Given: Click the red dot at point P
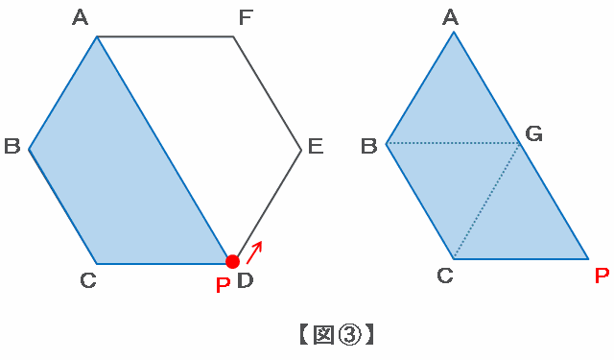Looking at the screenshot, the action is [x=232, y=262].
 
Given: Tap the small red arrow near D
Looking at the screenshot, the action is [x=254, y=252].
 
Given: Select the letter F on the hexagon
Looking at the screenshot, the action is [x=246, y=17].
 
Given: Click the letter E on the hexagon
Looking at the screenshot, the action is [x=316, y=146].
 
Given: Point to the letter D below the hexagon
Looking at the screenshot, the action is [x=246, y=280].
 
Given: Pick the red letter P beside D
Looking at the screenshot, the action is [x=223, y=285].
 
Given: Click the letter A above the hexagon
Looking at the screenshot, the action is [x=81, y=17].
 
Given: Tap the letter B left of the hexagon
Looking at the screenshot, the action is [x=12, y=146].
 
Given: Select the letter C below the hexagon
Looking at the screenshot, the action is [x=88, y=280].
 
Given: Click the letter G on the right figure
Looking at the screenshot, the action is [x=533, y=134].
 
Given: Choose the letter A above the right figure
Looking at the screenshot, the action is [x=450, y=17].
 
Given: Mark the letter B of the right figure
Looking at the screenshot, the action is [x=368, y=146].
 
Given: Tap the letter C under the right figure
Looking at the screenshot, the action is [x=445, y=276].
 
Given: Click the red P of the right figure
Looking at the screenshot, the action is [x=602, y=276].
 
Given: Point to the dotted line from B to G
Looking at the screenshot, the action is [x=454, y=144].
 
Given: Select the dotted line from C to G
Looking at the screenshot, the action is [x=487, y=202].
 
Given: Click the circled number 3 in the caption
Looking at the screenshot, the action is [x=349, y=335].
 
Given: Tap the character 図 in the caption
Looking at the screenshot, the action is [x=324, y=334].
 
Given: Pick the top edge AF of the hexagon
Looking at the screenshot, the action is [x=165, y=36].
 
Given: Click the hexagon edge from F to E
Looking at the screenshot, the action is [x=268, y=93].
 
